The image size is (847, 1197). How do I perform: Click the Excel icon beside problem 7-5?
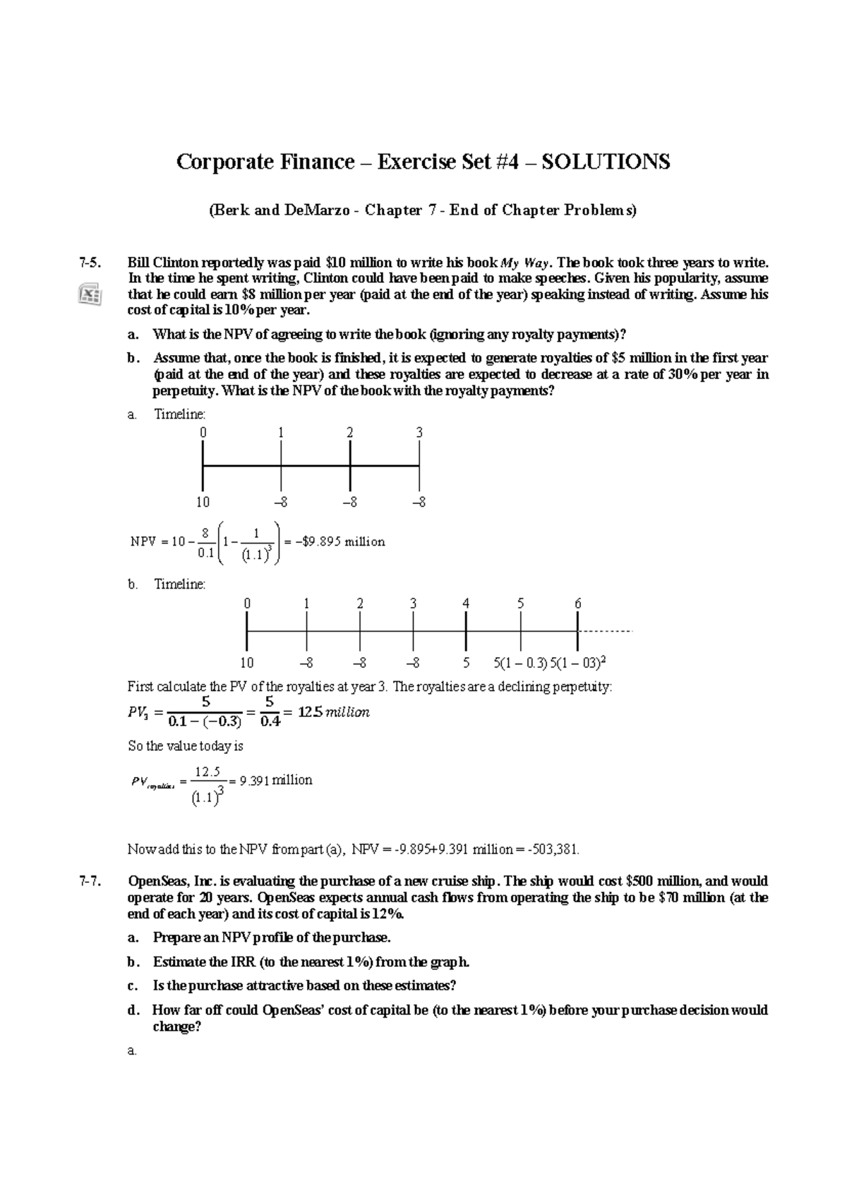90,294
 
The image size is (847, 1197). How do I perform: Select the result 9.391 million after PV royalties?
276,780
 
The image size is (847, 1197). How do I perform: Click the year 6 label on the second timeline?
578,604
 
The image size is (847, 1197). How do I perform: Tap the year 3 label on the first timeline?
419,433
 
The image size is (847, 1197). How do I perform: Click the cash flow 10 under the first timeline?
203,503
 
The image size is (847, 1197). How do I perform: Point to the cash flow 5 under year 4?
466,663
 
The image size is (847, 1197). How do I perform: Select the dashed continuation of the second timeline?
606,630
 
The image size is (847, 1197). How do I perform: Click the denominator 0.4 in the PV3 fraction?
270,722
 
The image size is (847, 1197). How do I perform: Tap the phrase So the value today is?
185,746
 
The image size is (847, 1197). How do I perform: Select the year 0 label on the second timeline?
247,604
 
